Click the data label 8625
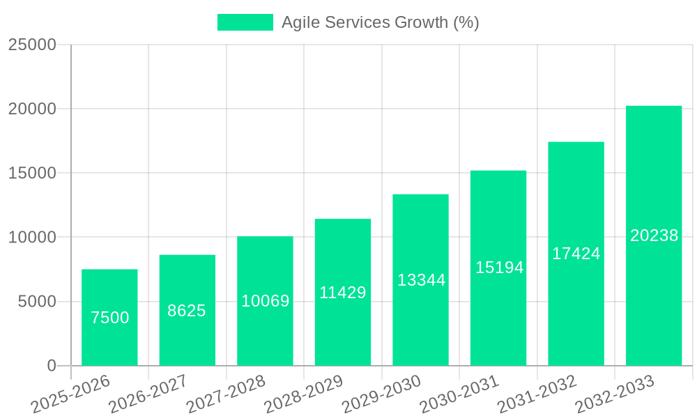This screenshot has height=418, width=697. pyautogui.click(x=187, y=311)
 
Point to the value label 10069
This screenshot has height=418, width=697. pyautogui.click(x=266, y=301)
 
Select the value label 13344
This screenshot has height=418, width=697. pyautogui.click(x=421, y=280)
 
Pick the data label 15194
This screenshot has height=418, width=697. pyautogui.click(x=499, y=267)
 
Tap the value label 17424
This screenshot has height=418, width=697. pyautogui.click(x=576, y=254)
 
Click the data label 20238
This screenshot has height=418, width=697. pyautogui.click(x=654, y=235)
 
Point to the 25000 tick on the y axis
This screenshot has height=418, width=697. pyautogui.click(x=32, y=45)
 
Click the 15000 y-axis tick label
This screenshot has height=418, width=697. pyautogui.click(x=32, y=173)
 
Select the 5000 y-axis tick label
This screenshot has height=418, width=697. pyautogui.click(x=36, y=302)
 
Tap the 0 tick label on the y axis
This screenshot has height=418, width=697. pyautogui.click(x=52, y=366)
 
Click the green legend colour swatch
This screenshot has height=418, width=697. pyautogui.click(x=245, y=22)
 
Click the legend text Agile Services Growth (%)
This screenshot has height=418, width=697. pyautogui.click(x=380, y=22)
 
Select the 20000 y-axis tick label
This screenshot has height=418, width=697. pyautogui.click(x=32, y=109)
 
